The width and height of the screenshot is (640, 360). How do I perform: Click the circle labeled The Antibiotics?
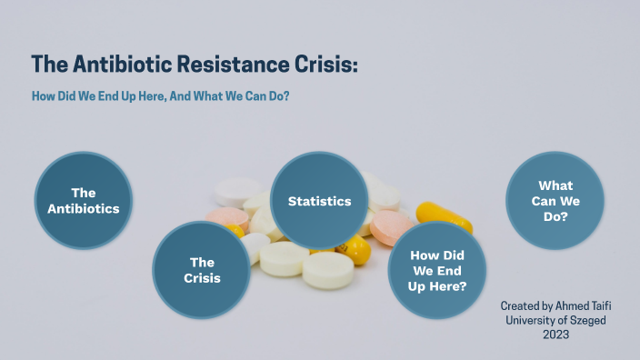coord(84,201)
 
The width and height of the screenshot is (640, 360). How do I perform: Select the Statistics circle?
coord(319,200)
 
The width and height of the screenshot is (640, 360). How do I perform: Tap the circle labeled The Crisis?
coord(202,270)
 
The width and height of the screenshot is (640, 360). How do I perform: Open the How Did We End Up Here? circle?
coord(438,270)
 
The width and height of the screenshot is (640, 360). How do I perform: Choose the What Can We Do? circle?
coord(555,201)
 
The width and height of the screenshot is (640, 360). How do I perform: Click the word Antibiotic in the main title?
coord(117,65)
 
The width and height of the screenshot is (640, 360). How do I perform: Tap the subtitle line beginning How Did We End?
coord(160,97)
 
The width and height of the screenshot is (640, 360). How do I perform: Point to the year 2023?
coord(557,335)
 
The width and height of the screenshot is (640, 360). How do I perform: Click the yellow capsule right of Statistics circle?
coord(445,218)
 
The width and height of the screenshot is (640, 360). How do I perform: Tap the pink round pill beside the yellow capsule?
coord(390,227)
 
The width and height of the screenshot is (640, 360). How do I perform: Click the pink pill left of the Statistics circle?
coord(227,218)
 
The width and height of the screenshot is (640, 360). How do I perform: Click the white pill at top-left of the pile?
coord(238,191)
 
